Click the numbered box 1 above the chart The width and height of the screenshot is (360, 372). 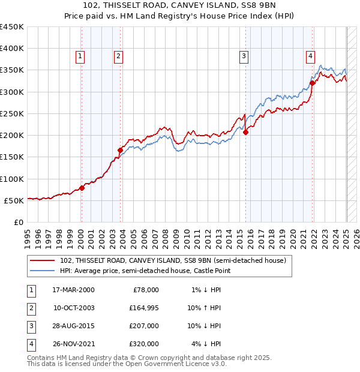pos(80,56)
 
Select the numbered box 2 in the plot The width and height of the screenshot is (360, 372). pos(118,56)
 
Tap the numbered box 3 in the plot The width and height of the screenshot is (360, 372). pos(244,56)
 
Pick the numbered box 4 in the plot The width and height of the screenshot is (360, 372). pos(310,56)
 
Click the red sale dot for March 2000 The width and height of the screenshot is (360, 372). pos(82,188)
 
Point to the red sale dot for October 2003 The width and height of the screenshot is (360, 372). pos(121,150)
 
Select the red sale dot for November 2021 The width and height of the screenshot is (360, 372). pos(313,83)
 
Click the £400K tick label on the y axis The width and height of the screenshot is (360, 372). pos(12,49)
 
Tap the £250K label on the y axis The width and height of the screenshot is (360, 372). pos(12,113)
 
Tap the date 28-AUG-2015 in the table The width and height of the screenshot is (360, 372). pos(74,326)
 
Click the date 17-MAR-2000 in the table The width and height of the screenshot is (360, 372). pos(74,290)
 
